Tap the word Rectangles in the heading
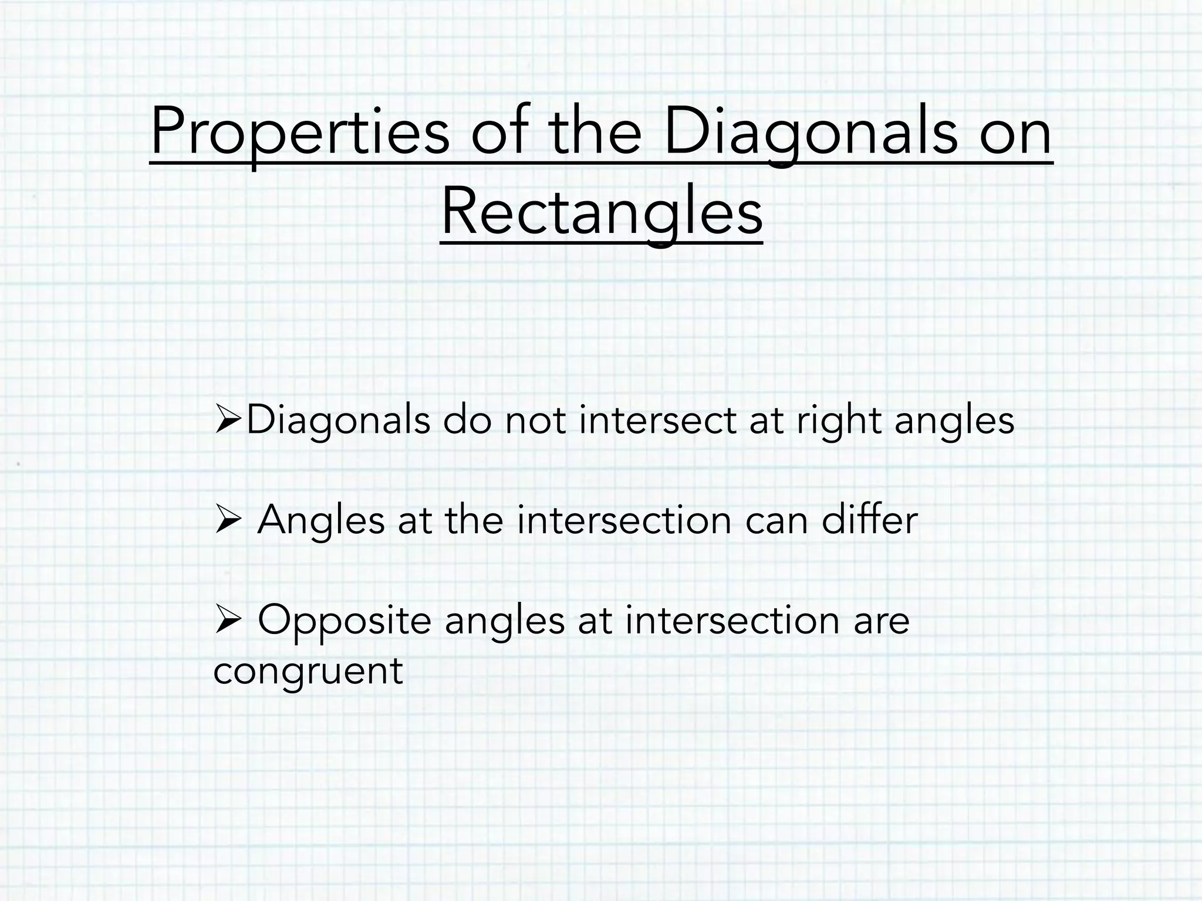[602, 212]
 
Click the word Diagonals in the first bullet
[338, 421]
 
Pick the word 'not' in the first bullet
[535, 421]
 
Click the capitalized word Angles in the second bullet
[320, 520]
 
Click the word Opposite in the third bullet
[344, 621]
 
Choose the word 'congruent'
[308, 671]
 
